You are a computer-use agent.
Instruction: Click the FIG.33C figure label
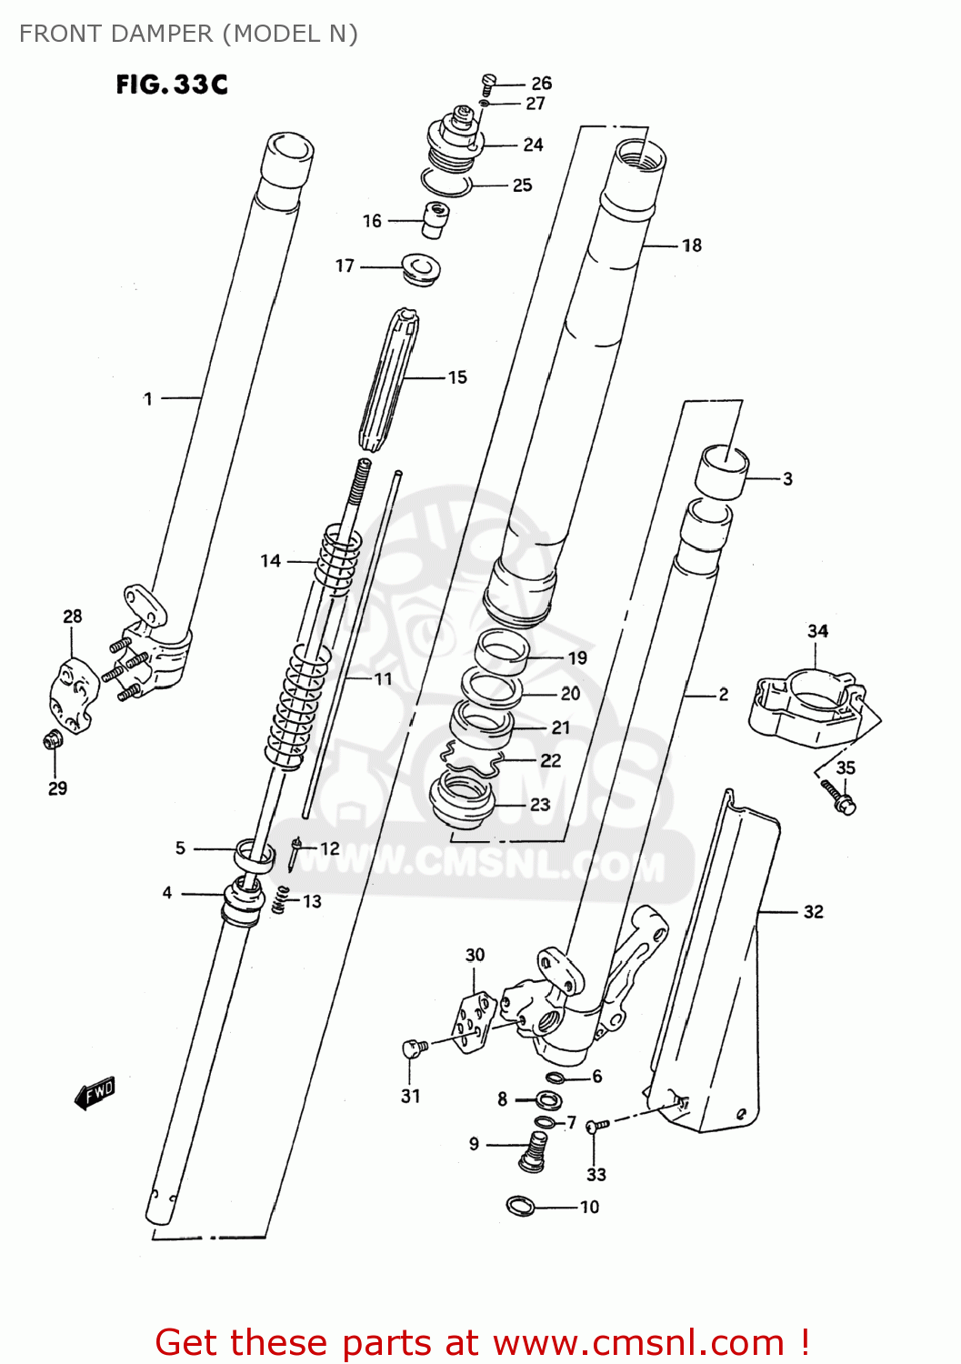coord(171,85)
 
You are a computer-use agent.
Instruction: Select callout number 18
coord(691,246)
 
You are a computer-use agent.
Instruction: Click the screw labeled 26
coord(488,83)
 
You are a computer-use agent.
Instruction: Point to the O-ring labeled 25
coord(445,183)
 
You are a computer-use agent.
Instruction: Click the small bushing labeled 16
coord(435,219)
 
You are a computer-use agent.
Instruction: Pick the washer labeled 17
coord(420,268)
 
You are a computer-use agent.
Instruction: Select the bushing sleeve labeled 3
coord(722,473)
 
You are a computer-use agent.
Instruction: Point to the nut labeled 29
coord(53,740)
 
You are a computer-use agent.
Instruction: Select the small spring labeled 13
coord(283,900)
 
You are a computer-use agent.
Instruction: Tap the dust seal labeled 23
coord(463,797)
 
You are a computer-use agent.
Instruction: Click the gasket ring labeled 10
coord(519,1207)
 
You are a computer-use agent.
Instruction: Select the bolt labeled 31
coord(414,1048)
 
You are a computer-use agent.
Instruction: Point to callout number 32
coord(813,912)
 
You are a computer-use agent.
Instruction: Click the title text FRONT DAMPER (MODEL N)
coord(188,34)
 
